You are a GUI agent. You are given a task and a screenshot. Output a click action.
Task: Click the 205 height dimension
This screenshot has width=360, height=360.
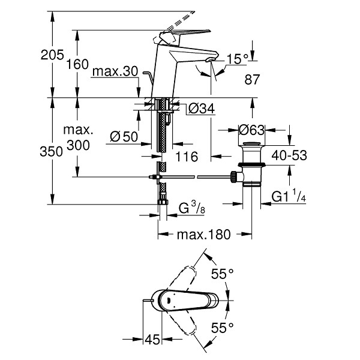tap(52, 55)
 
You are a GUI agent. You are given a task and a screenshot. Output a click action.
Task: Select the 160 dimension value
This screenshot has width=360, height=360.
tap(77, 64)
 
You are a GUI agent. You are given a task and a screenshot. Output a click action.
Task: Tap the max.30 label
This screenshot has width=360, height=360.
tap(115, 71)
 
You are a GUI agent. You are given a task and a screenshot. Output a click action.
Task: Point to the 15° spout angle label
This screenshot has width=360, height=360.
tap(238, 59)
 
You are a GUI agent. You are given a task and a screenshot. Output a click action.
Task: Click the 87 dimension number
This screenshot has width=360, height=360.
tap(252, 79)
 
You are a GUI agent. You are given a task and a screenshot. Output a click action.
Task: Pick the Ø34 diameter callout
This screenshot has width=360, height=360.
tap(202, 109)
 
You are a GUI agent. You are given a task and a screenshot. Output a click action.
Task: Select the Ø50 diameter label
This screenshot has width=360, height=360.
tap(124, 137)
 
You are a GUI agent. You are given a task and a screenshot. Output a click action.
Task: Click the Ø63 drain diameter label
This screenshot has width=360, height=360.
tap(251, 130)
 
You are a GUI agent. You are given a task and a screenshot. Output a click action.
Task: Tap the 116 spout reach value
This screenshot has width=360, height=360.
tap(187, 157)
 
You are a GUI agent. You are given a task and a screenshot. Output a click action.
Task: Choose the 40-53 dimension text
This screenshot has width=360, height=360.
tap(289, 155)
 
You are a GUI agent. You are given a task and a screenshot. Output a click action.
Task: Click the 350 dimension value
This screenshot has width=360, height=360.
tap(51, 152)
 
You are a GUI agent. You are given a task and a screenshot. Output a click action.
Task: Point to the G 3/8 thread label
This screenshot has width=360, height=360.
tap(192, 208)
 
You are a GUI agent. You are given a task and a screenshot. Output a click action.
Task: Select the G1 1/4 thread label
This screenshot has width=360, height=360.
tap(289, 196)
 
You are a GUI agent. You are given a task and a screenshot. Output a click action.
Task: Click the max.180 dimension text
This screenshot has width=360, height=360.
tap(203, 235)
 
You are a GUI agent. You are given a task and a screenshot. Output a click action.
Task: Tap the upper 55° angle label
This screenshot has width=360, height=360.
tap(222, 274)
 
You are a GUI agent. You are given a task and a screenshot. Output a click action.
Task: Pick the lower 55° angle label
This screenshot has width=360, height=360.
tap(222, 328)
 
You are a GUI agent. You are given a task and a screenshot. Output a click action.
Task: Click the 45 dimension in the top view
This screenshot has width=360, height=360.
tap(152, 340)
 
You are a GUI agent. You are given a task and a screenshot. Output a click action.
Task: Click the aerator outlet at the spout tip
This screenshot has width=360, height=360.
tap(210, 60)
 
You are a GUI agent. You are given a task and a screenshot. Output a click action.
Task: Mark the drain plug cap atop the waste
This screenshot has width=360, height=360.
tap(251, 144)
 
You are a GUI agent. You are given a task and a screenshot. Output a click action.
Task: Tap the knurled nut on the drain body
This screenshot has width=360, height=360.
tap(233, 176)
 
